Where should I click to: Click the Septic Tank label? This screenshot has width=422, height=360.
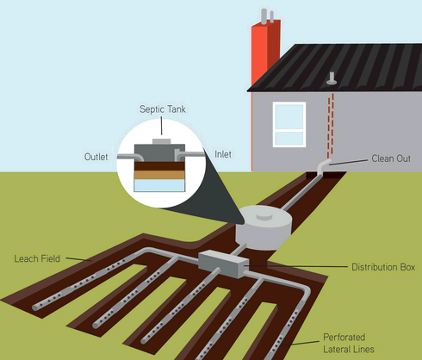(163, 109)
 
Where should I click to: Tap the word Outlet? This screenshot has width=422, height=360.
(96, 157)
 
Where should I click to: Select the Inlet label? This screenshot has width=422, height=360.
(223, 154)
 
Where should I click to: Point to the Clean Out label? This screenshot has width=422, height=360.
(391, 158)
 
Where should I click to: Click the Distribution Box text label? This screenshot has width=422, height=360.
(383, 267)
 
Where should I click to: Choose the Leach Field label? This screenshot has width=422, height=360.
(37, 258)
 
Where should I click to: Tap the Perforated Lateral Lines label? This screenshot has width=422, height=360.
(349, 343)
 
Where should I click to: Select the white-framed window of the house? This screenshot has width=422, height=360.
(289, 125)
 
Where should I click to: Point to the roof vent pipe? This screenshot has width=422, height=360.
(332, 78)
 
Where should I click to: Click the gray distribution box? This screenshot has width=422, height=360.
(223, 264)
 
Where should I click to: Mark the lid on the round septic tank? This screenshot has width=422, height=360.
(264, 216)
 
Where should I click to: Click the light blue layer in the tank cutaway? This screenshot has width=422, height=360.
(159, 185)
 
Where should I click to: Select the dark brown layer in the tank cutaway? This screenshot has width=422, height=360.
(159, 166)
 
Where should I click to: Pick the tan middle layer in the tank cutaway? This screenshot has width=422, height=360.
(159, 175)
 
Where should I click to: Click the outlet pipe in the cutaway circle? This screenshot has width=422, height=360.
(130, 157)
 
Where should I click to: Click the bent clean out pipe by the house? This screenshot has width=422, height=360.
(322, 168)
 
